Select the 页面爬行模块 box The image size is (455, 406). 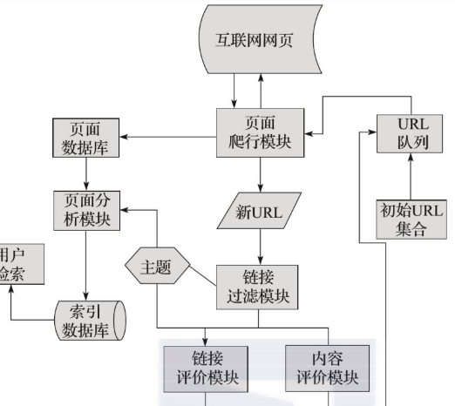(x=260, y=133)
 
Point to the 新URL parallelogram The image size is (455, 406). (x=260, y=210)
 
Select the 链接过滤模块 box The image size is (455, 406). (x=260, y=287)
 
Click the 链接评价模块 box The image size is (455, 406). (x=204, y=367)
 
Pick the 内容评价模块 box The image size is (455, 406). (x=327, y=367)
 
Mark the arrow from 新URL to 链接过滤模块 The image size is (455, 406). (x=260, y=246)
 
